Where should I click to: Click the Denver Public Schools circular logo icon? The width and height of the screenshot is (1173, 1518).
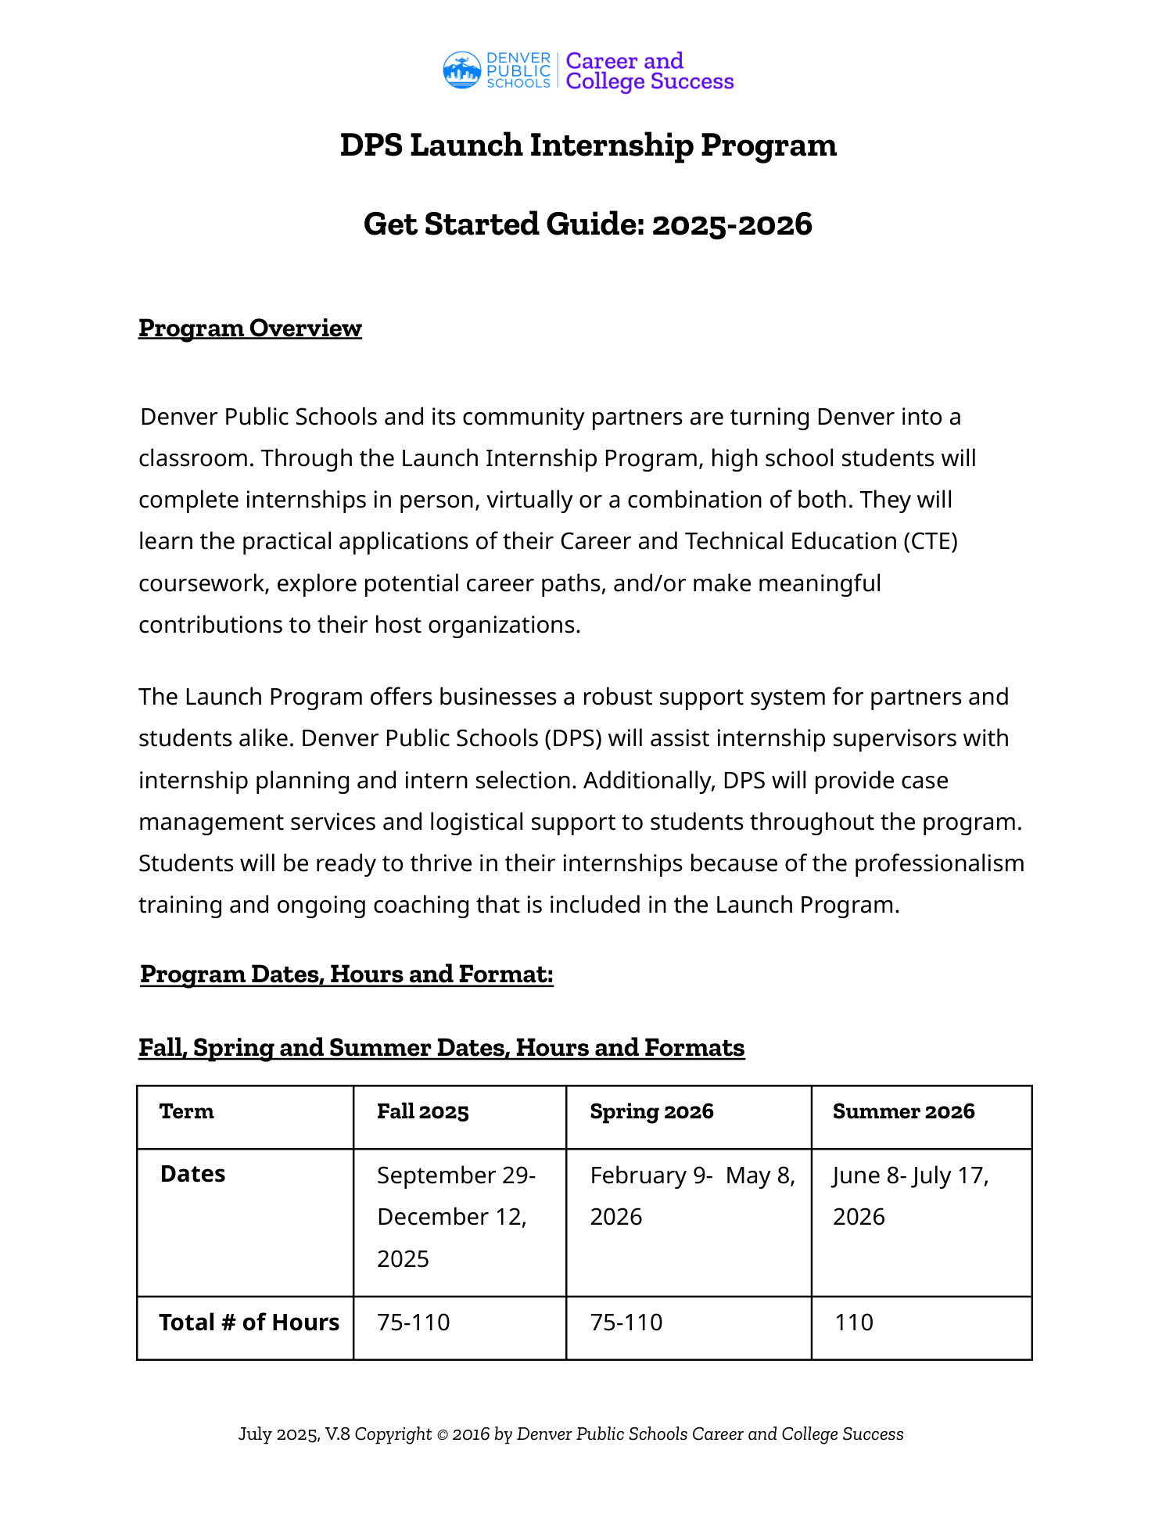coord(461,70)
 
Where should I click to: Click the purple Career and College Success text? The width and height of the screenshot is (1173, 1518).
coord(649,71)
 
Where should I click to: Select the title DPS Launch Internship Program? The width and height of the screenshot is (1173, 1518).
coord(588,145)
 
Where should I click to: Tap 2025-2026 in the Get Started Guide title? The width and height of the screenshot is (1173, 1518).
coord(732,224)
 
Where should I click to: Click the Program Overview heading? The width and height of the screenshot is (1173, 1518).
coord(250,328)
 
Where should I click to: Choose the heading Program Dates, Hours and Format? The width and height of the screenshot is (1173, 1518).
coord(346,974)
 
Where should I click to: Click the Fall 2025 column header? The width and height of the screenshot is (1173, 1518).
coord(422,1112)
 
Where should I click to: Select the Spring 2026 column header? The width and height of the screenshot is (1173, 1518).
coord(651,1112)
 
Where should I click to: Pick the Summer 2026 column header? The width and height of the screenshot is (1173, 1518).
coord(903,1112)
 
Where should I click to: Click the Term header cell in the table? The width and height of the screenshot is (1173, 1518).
coord(186,1112)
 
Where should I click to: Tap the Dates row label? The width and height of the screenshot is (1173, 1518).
coord(192,1175)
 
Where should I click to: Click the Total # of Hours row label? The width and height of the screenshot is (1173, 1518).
coord(249,1322)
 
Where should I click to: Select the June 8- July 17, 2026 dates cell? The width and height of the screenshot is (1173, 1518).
coord(910,1196)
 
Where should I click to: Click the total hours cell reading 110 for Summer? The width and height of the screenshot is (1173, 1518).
coord(853,1322)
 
